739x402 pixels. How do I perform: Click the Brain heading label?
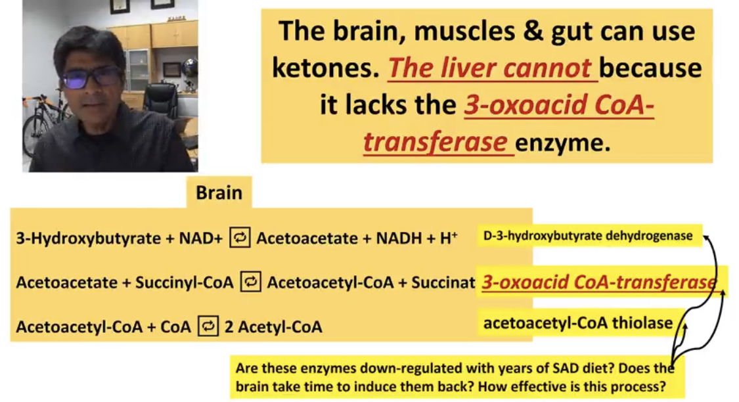(x=219, y=192)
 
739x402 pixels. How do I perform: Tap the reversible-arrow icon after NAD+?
(x=239, y=238)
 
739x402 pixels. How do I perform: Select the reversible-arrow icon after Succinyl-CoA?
(x=251, y=282)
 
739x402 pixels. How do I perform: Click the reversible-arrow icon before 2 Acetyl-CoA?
(x=208, y=326)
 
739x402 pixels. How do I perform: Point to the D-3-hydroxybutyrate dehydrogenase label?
(x=588, y=236)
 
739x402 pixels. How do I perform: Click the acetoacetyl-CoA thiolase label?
(x=578, y=323)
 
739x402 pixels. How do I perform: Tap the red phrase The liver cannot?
(x=489, y=68)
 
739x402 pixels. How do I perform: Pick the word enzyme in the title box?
(x=563, y=143)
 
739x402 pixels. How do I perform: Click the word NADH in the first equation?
(x=399, y=238)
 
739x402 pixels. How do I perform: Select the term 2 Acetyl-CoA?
(x=273, y=326)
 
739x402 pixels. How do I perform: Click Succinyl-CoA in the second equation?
(x=185, y=282)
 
